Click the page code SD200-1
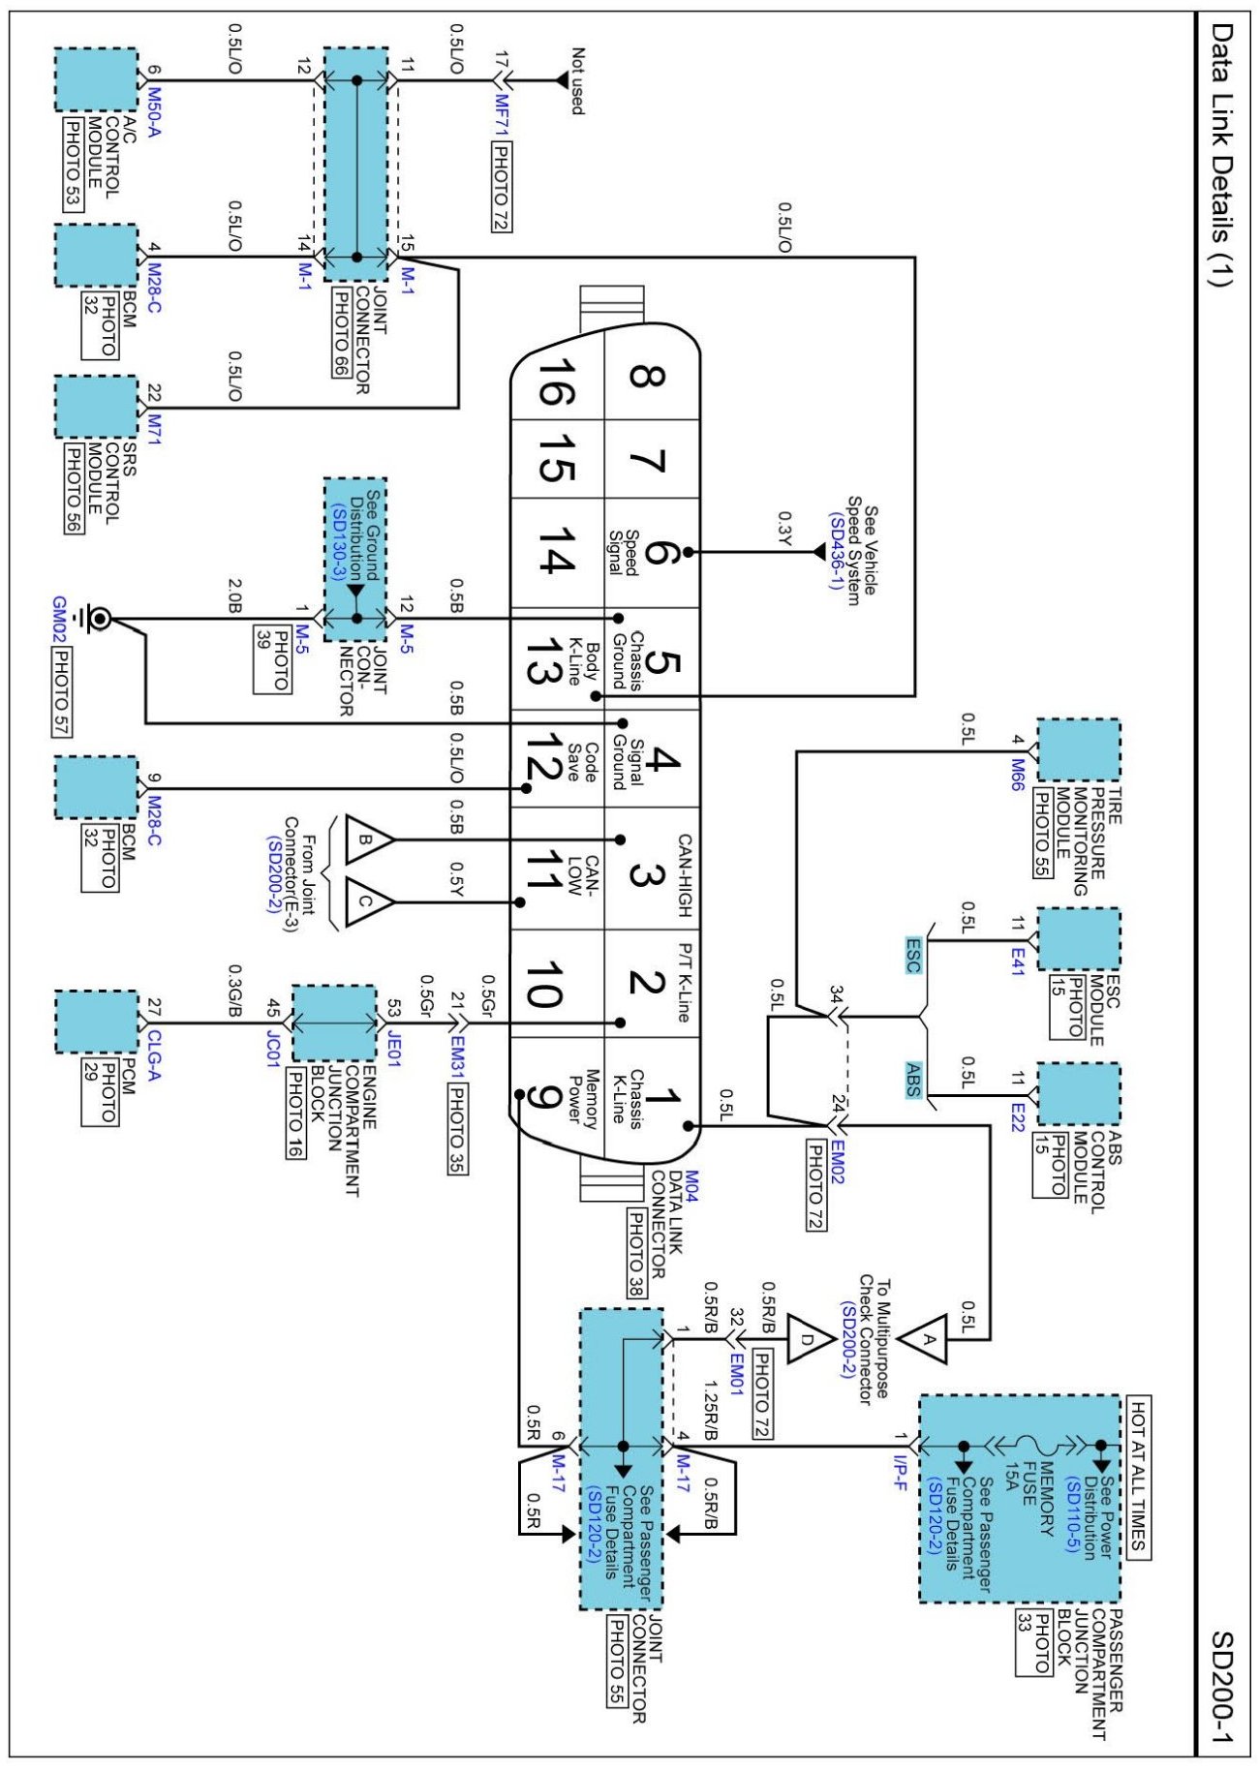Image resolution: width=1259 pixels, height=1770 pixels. click(x=1222, y=1690)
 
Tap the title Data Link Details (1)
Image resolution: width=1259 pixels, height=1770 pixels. click(x=1222, y=155)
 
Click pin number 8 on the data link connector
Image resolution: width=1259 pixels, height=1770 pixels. click(x=647, y=376)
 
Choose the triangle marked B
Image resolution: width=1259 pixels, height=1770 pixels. click(x=369, y=839)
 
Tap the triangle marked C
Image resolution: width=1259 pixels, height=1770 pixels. click(x=369, y=901)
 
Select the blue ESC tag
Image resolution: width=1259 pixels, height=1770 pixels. click(x=913, y=955)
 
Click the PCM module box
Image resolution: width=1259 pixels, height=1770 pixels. click(x=96, y=1022)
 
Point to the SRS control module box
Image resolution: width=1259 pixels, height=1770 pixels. click(x=96, y=407)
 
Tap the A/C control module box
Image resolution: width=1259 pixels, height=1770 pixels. click(x=96, y=79)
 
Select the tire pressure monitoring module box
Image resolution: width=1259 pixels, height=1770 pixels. click(x=1079, y=750)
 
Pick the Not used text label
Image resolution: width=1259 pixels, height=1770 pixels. click(x=577, y=81)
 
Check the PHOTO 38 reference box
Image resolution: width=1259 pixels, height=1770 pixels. click(x=636, y=1253)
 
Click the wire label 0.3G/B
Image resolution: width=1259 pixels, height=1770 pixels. click(x=234, y=990)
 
